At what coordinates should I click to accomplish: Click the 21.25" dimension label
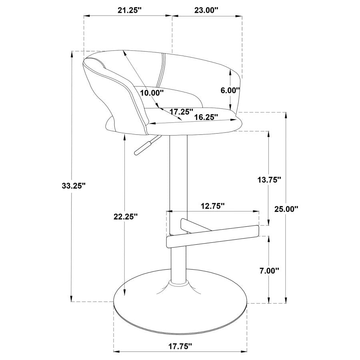130,10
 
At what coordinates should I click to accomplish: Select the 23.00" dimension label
206,10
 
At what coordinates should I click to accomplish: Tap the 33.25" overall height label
74,186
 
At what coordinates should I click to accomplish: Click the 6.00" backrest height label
230,90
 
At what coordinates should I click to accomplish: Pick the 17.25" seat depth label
181,112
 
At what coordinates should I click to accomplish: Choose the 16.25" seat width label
206,117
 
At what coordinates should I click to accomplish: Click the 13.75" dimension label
269,180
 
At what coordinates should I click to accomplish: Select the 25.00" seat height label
286,209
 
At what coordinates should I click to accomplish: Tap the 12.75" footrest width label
213,206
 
